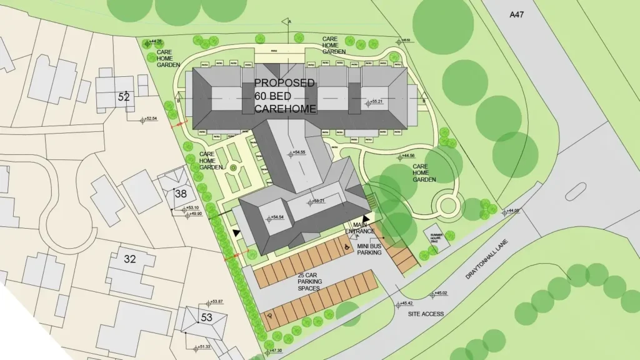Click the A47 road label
(516, 14)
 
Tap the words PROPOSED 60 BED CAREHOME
(285, 96)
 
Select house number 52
(124, 97)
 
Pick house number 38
(181, 194)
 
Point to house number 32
(130, 259)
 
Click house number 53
(206, 317)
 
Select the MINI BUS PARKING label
(369, 249)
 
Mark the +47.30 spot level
(273, 351)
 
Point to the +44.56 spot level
(406, 156)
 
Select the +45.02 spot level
(439, 293)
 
